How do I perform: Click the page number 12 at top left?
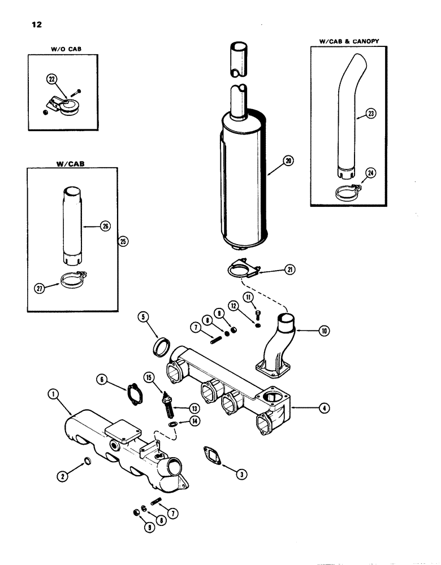pos(31,25)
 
